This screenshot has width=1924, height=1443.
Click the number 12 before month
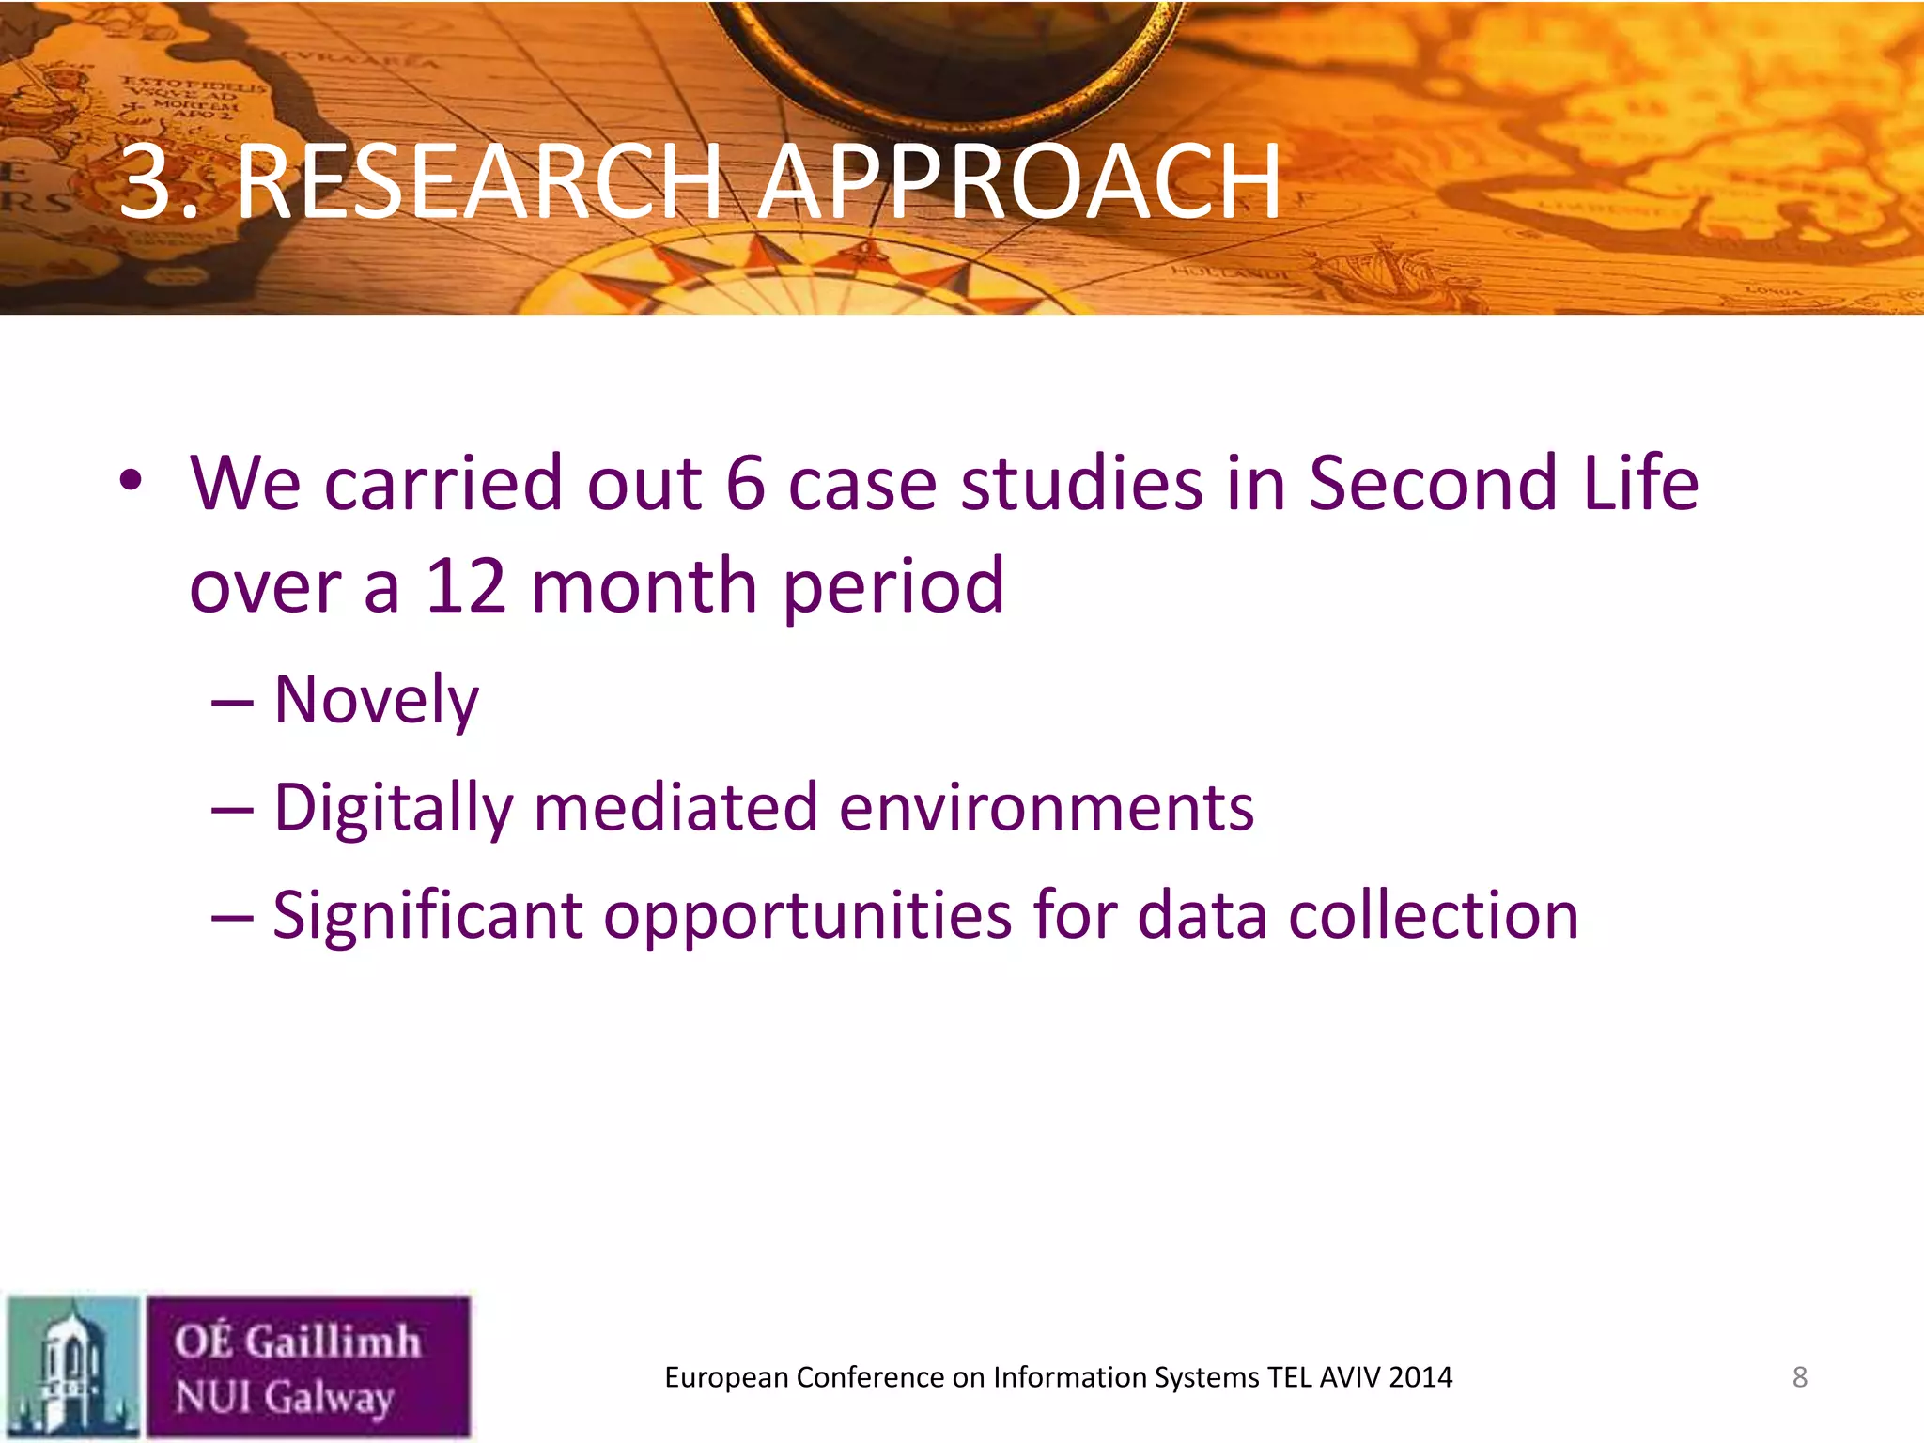pyautogui.click(x=466, y=587)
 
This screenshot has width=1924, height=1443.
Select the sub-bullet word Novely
pyautogui.click(x=376, y=702)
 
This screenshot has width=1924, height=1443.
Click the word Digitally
pyautogui.click(x=393, y=810)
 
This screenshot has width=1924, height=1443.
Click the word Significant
pyautogui.click(x=427, y=916)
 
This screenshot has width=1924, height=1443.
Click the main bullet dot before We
pyautogui.click(x=131, y=482)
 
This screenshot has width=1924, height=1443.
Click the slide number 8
pyautogui.click(x=1799, y=1377)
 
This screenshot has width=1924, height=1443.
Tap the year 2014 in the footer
pyautogui.click(x=1420, y=1377)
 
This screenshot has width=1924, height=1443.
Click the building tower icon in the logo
pyautogui.click(x=72, y=1367)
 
